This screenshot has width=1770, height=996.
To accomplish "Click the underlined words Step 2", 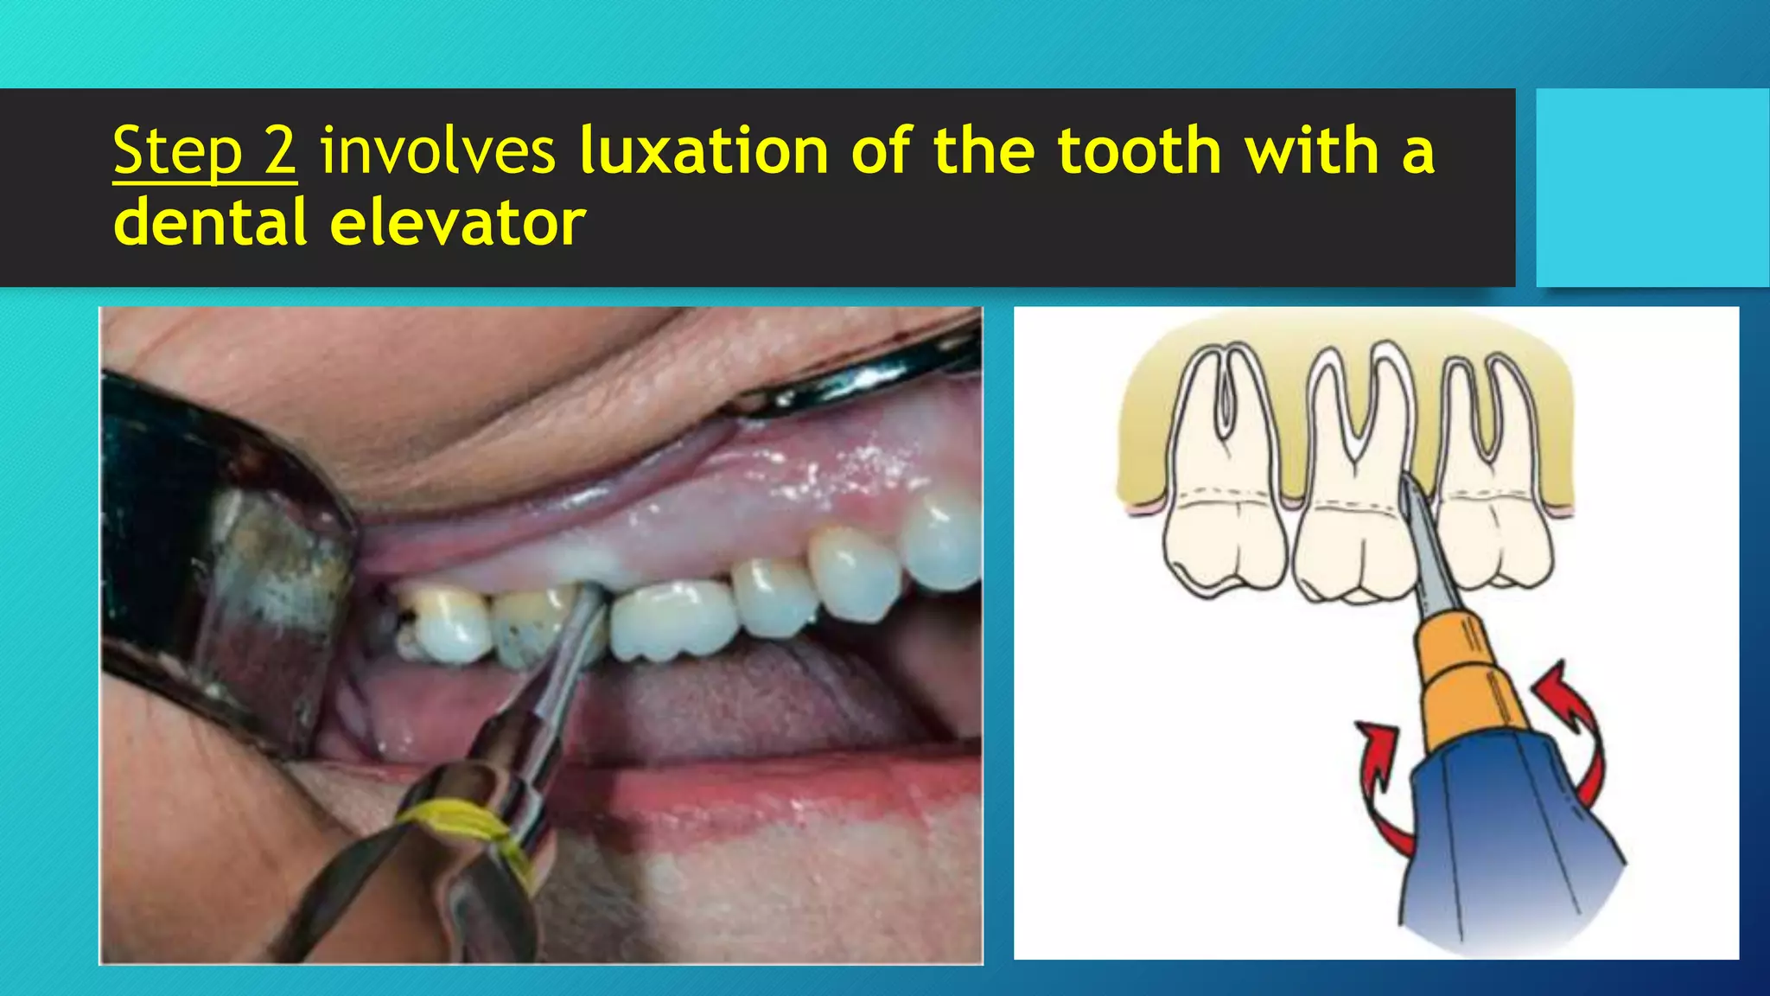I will click(205, 151).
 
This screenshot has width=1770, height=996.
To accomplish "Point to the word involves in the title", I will click(437, 151).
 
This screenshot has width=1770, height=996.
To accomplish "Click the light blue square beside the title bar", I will click(1652, 188).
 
